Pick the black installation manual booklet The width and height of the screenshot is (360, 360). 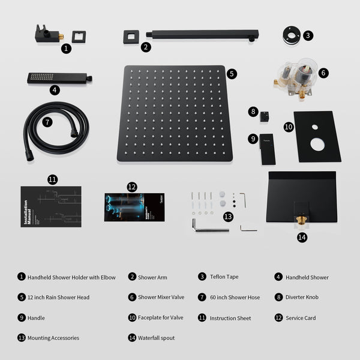(x=50, y=206)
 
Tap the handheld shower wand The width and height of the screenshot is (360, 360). (x=59, y=78)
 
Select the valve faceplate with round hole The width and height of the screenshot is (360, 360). (x=317, y=136)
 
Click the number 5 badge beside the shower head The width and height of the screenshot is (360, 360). (x=232, y=74)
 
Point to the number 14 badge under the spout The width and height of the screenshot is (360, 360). (x=302, y=237)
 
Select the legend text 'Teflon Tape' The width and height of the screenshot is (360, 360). (x=224, y=277)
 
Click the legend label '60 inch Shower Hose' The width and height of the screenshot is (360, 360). (x=235, y=298)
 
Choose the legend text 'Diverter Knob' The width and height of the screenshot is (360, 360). (x=304, y=298)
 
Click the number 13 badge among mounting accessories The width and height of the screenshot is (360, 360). (x=227, y=216)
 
